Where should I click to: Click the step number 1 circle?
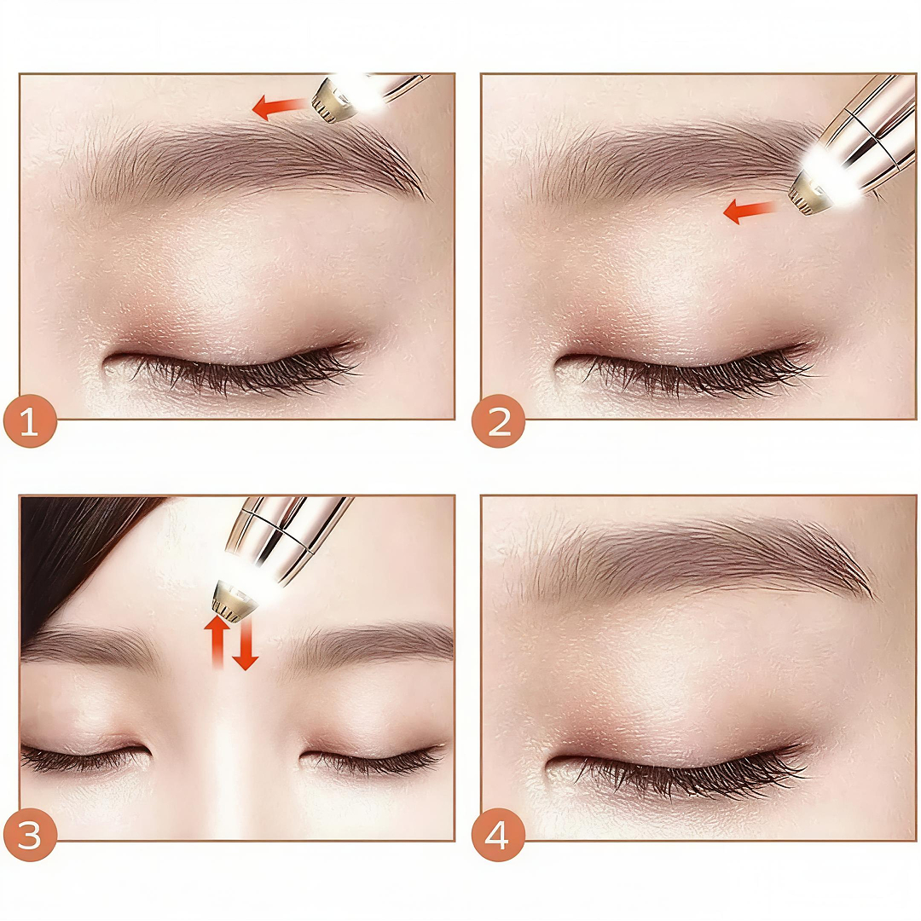coord(30,421)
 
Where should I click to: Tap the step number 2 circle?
coord(498,421)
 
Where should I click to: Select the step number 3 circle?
coord(30,835)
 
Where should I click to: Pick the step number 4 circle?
coord(498,835)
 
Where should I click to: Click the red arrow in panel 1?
coord(280,107)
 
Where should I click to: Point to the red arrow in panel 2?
coord(750,211)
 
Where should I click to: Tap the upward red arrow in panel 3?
coord(217,641)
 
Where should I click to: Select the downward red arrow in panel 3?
coord(245,642)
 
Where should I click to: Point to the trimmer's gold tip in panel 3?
coord(234,600)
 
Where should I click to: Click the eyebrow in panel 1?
coord(246,159)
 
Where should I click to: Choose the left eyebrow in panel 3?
coord(88,646)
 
